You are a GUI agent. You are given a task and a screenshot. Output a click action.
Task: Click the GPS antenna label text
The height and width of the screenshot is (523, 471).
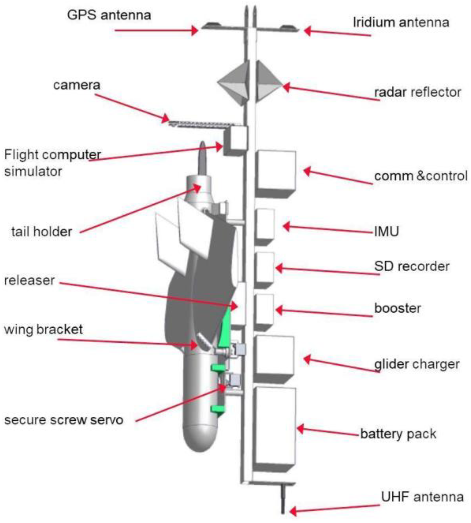109,15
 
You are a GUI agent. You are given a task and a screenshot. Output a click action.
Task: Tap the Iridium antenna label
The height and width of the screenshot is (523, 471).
401,22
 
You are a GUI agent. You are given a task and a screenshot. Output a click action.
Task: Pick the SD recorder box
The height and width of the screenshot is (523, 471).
265,268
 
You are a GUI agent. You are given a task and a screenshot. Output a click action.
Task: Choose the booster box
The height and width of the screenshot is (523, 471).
264,310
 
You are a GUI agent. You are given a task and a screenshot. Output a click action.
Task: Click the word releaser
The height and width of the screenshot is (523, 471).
29,281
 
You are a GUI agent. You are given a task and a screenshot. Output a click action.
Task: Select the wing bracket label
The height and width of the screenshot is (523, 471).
43,329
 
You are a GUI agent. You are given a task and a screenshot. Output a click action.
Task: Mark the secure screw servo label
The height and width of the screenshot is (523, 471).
64,420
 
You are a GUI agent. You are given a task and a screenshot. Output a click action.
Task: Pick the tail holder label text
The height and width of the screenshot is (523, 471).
42,232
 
